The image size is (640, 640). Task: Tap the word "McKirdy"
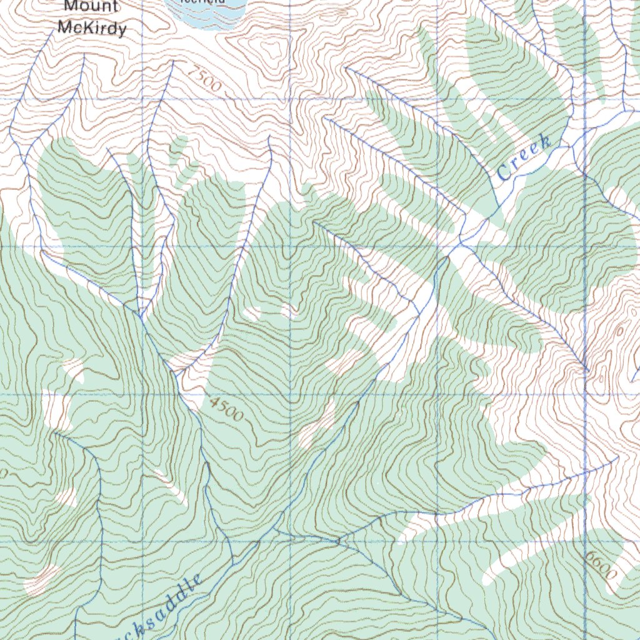tap(92, 28)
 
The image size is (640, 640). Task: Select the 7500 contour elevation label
tap(204, 79)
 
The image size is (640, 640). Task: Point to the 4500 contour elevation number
tap(227, 410)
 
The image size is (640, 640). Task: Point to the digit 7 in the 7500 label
tap(192, 71)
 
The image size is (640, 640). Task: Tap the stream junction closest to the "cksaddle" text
tap(234, 560)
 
